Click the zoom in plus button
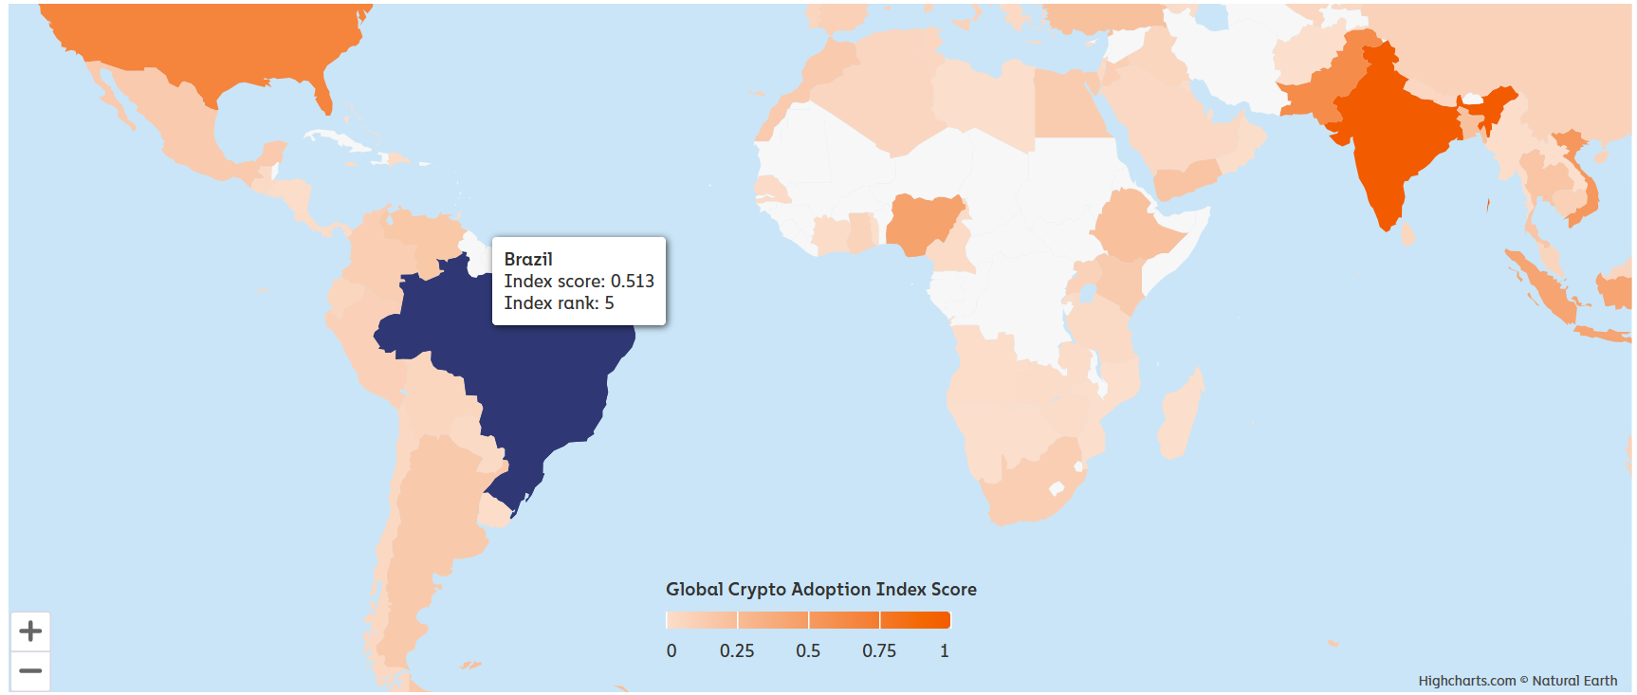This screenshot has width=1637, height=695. pyautogui.click(x=30, y=631)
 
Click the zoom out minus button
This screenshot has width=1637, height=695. pyautogui.click(x=30, y=671)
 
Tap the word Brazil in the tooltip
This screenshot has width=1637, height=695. pyautogui.click(x=528, y=260)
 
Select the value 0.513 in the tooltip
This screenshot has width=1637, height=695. pyautogui.click(x=632, y=282)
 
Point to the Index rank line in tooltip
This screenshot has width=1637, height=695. pyautogui.click(x=559, y=303)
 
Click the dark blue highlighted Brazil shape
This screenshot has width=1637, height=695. pyautogui.click(x=531, y=379)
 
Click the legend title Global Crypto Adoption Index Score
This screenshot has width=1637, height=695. pyautogui.click(x=820, y=590)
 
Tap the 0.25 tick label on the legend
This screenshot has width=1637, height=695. pyautogui.click(x=737, y=651)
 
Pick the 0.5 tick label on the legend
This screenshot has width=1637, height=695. pyautogui.click(x=808, y=651)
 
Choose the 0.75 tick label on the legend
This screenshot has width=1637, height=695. pyautogui.click(x=879, y=651)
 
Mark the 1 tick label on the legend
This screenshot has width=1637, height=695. pyautogui.click(x=944, y=651)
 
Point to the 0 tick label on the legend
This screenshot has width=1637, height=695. pyautogui.click(x=671, y=651)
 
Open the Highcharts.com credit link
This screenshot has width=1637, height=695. pyautogui.click(x=1466, y=681)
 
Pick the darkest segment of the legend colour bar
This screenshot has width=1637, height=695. pyautogui.click(x=915, y=620)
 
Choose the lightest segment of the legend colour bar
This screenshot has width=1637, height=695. pyautogui.click(x=702, y=620)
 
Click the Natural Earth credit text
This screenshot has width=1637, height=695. pyautogui.click(x=1574, y=681)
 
